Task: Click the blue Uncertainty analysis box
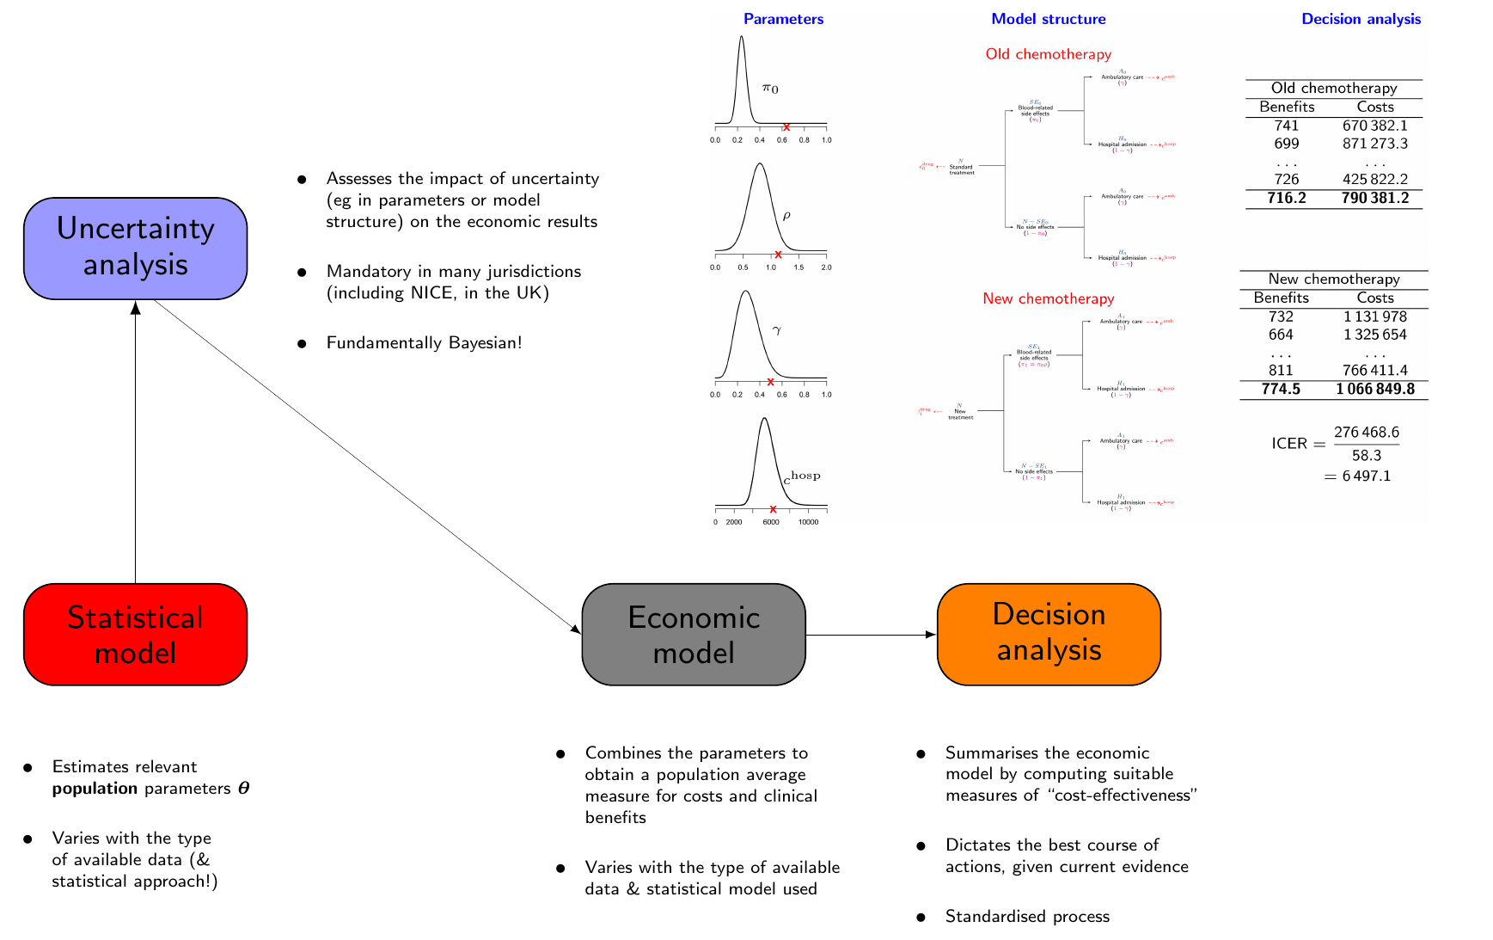tap(135, 248)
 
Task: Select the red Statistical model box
tap(135, 635)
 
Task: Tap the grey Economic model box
tap(693, 635)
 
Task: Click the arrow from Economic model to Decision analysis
tap(870, 635)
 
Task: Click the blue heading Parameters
tap(783, 19)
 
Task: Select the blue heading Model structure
tap(1048, 19)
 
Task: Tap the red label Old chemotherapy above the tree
tap(1048, 54)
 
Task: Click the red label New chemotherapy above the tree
tap(1048, 298)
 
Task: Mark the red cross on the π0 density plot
tap(786, 127)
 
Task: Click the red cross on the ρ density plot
tap(778, 255)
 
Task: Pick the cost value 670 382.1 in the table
tap(1374, 126)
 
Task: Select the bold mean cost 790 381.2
tap(1374, 199)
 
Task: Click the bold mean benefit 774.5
tap(1281, 390)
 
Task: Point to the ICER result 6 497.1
tap(1360, 476)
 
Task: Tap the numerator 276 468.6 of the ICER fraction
tap(1366, 432)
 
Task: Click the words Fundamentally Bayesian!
tap(424, 343)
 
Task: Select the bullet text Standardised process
tap(1027, 917)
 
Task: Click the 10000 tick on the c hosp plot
tap(808, 522)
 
